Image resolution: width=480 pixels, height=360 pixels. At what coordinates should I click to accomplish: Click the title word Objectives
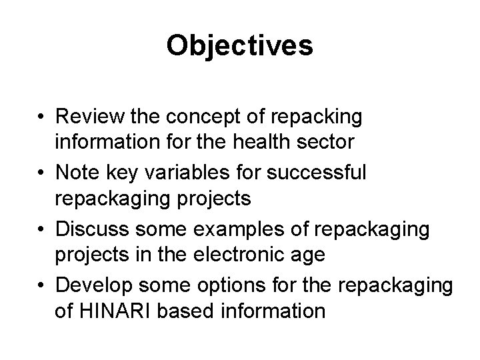pyautogui.click(x=239, y=45)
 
